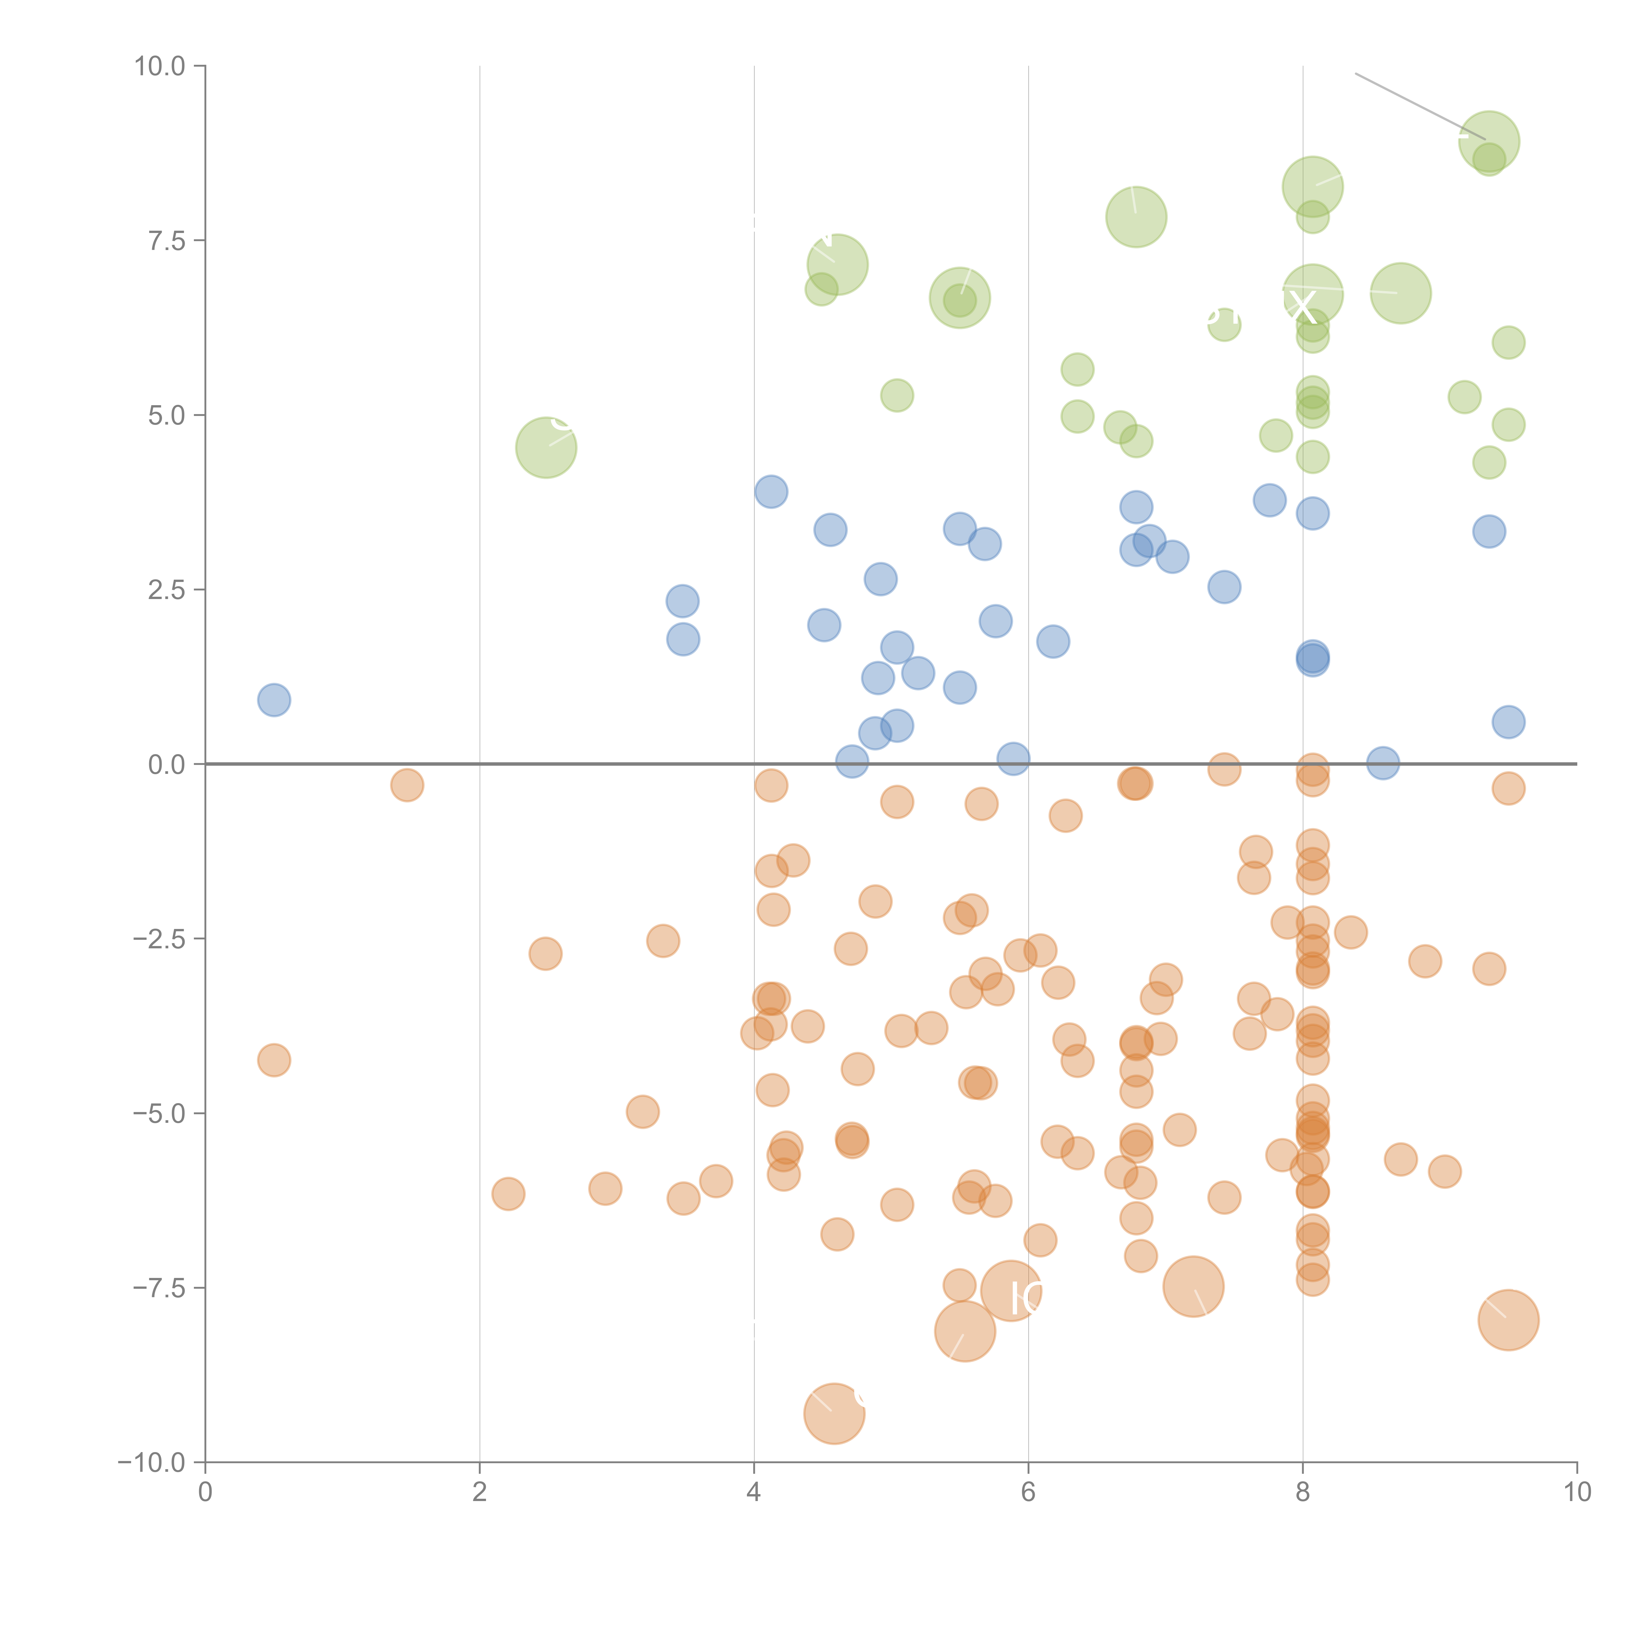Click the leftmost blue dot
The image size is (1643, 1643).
point(274,700)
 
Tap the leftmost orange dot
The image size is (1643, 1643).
point(274,1060)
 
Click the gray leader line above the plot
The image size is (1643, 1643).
point(1420,106)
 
